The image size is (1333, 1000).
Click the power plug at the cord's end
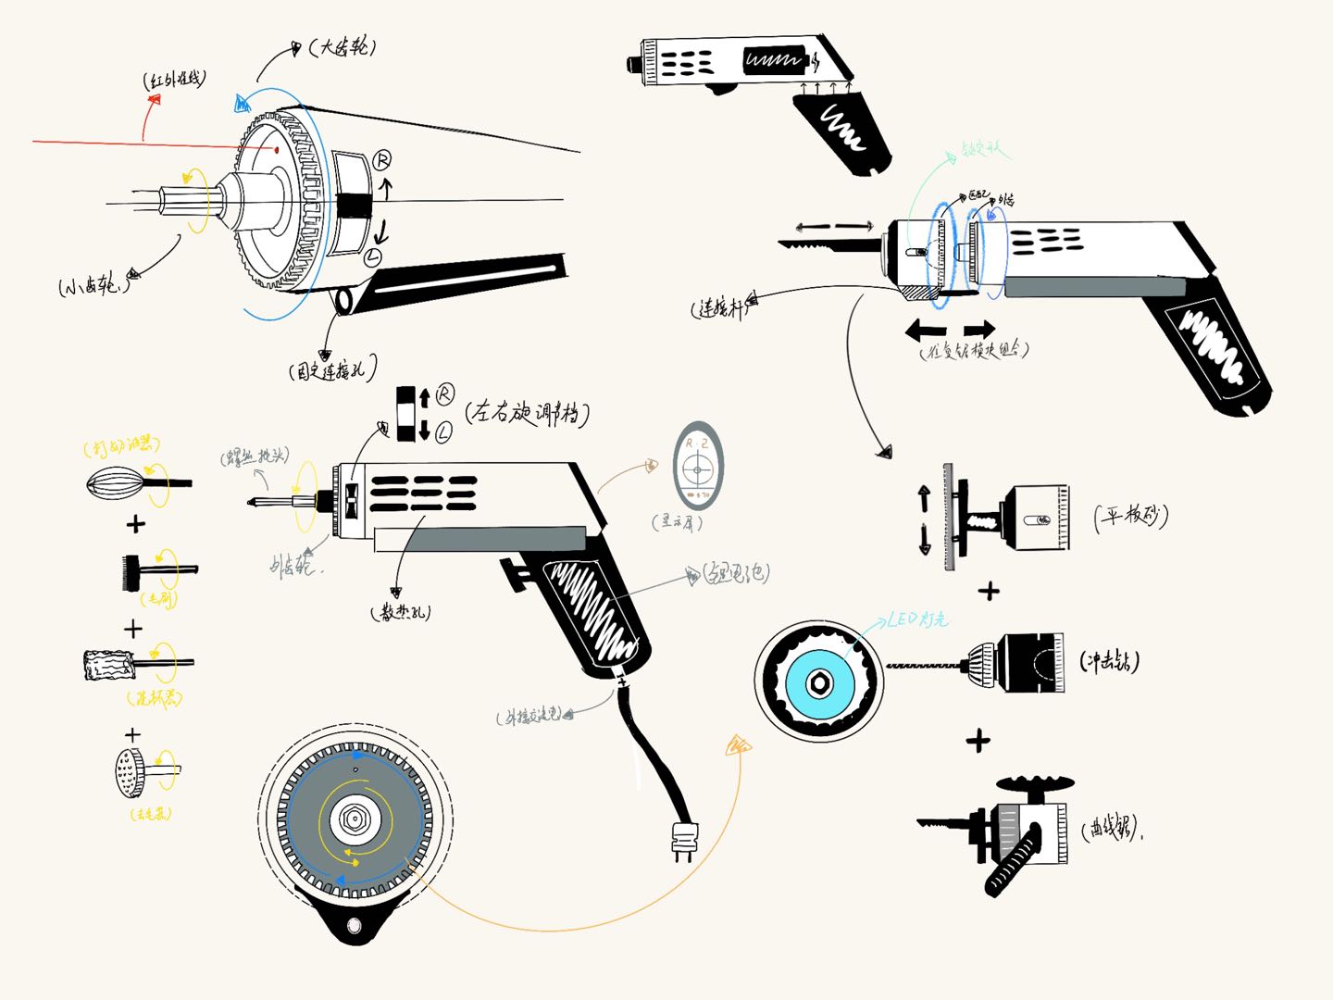(x=684, y=842)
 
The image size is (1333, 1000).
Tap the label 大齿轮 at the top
(x=343, y=47)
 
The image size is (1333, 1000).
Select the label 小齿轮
(x=93, y=285)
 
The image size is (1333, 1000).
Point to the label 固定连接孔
(x=333, y=371)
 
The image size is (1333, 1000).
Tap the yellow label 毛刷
(x=160, y=599)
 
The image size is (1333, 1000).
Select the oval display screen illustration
(x=698, y=467)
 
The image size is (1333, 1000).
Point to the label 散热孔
(x=401, y=612)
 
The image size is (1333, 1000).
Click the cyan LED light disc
(x=818, y=683)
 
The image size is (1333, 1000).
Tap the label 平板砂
(x=1131, y=516)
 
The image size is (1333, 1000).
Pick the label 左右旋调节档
(x=528, y=413)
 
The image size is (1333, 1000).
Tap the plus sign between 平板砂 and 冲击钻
(x=989, y=590)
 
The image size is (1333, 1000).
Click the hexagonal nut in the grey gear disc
(x=352, y=819)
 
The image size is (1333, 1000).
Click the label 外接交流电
(x=529, y=716)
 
